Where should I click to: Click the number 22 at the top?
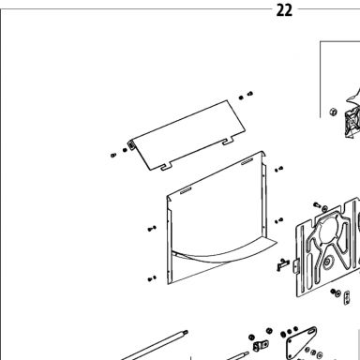coord(284,10)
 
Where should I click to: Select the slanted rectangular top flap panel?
coord(187,135)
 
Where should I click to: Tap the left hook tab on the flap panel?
coord(166,166)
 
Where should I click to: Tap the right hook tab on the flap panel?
coord(229,141)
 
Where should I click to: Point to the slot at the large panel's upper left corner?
coord(186,190)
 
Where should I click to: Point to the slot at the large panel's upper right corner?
coord(247,161)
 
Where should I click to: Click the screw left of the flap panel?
coord(113,155)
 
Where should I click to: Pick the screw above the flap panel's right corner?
coord(249,94)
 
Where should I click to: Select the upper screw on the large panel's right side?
coord(278,169)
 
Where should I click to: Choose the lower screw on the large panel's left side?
coord(152,278)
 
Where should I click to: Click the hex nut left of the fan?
coord(334,112)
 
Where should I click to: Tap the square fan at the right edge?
coord(352,122)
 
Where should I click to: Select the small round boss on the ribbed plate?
coord(327,262)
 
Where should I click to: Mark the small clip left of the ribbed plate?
coord(282,265)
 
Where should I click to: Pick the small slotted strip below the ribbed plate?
coord(347,297)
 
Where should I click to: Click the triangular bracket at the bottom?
coord(301,342)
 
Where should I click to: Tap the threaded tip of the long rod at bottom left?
coord(185,332)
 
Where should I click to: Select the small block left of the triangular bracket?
coord(260,346)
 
